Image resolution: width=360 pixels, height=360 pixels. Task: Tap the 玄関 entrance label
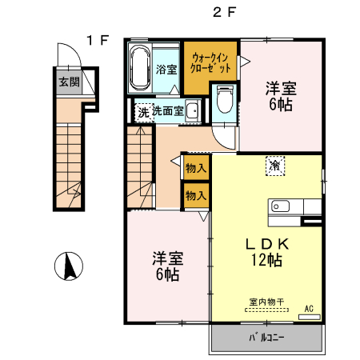[68, 82]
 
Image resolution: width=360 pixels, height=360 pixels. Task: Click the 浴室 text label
[166, 70]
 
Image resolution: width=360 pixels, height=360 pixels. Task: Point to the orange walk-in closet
[212, 62]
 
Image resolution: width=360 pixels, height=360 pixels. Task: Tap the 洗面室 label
[169, 111]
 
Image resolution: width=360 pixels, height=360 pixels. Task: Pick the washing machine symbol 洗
[142, 112]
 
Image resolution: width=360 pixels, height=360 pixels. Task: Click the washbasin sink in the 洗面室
[193, 112]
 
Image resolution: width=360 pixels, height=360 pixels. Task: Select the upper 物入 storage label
[196, 168]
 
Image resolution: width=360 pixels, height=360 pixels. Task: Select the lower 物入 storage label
[196, 194]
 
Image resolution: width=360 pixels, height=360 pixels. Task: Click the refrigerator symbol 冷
[274, 166]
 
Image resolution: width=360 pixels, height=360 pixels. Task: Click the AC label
[309, 308]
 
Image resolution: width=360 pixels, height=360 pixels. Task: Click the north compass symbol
[70, 265]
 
